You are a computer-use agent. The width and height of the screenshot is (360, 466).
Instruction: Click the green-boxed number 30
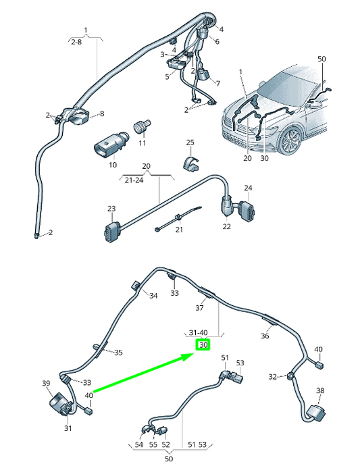(x=203, y=346)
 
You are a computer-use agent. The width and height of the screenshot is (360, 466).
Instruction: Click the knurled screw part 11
(x=142, y=127)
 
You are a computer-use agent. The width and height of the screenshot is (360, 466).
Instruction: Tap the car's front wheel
(x=291, y=143)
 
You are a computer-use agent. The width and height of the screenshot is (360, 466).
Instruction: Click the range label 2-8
(x=78, y=42)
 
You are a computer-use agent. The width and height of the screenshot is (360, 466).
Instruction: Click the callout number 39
(x=46, y=384)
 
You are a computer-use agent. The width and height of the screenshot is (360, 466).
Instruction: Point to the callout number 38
(x=320, y=390)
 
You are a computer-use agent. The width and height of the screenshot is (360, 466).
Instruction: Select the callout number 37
(x=199, y=308)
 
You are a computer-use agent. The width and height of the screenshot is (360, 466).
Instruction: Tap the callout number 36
(x=265, y=336)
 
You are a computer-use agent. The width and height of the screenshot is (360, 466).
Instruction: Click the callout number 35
(x=118, y=353)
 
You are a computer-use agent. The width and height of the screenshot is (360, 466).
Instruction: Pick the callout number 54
(x=138, y=446)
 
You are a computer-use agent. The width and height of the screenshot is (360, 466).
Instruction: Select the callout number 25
(x=190, y=143)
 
